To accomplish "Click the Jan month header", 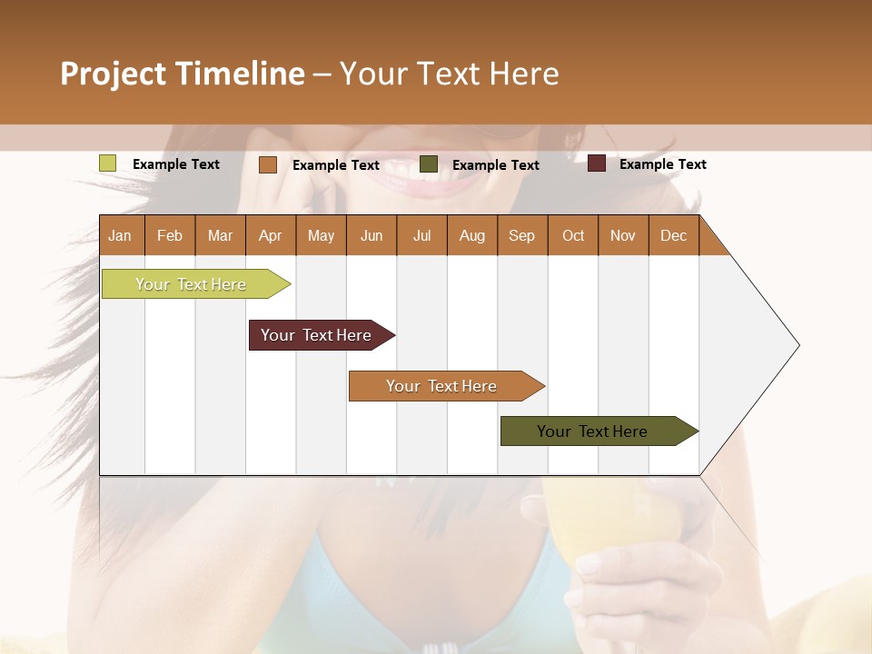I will pos(121,235).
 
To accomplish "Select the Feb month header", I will pos(170,235).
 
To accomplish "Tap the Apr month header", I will pos(270,235).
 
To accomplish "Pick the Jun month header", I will pos(372,235).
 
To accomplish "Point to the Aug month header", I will pos(471,235).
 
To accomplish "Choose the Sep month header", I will pos(521,235).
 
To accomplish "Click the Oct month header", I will pos(573,235).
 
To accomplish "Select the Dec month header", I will pos(673,235).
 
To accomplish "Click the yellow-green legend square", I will pos(107,163).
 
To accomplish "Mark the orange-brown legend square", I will pos(267,164).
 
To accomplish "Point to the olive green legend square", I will pos(429,164).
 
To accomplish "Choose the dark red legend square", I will pos(596,163).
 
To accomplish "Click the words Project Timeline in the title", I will pos(183,74).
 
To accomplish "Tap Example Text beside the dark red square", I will pos(662,164).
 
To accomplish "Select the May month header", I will pos(321,235).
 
